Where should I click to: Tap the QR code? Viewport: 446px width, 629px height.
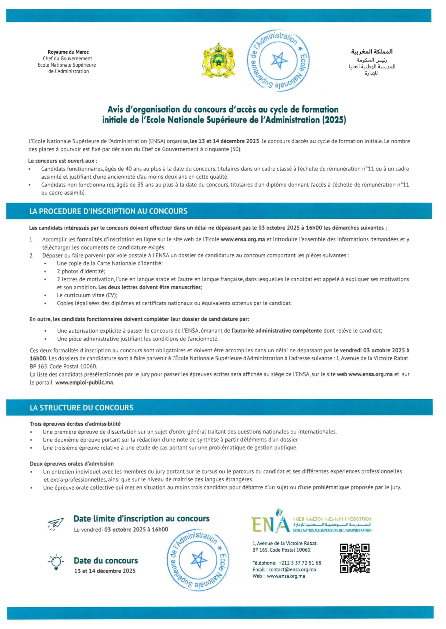click(x=355, y=558)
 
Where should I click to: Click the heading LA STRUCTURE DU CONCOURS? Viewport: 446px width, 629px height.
click(x=82, y=408)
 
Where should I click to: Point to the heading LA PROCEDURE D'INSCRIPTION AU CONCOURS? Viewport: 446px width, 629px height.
click(x=108, y=211)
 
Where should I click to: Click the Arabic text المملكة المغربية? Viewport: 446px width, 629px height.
click(x=372, y=52)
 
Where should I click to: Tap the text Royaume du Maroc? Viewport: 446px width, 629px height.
click(x=68, y=52)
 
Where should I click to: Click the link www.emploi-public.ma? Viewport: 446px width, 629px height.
click(x=84, y=382)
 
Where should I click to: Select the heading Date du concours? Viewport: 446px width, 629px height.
click(x=106, y=561)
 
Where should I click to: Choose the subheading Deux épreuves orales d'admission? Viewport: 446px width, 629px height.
click(x=72, y=464)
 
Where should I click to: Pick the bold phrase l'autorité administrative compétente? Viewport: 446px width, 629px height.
click(x=277, y=331)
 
